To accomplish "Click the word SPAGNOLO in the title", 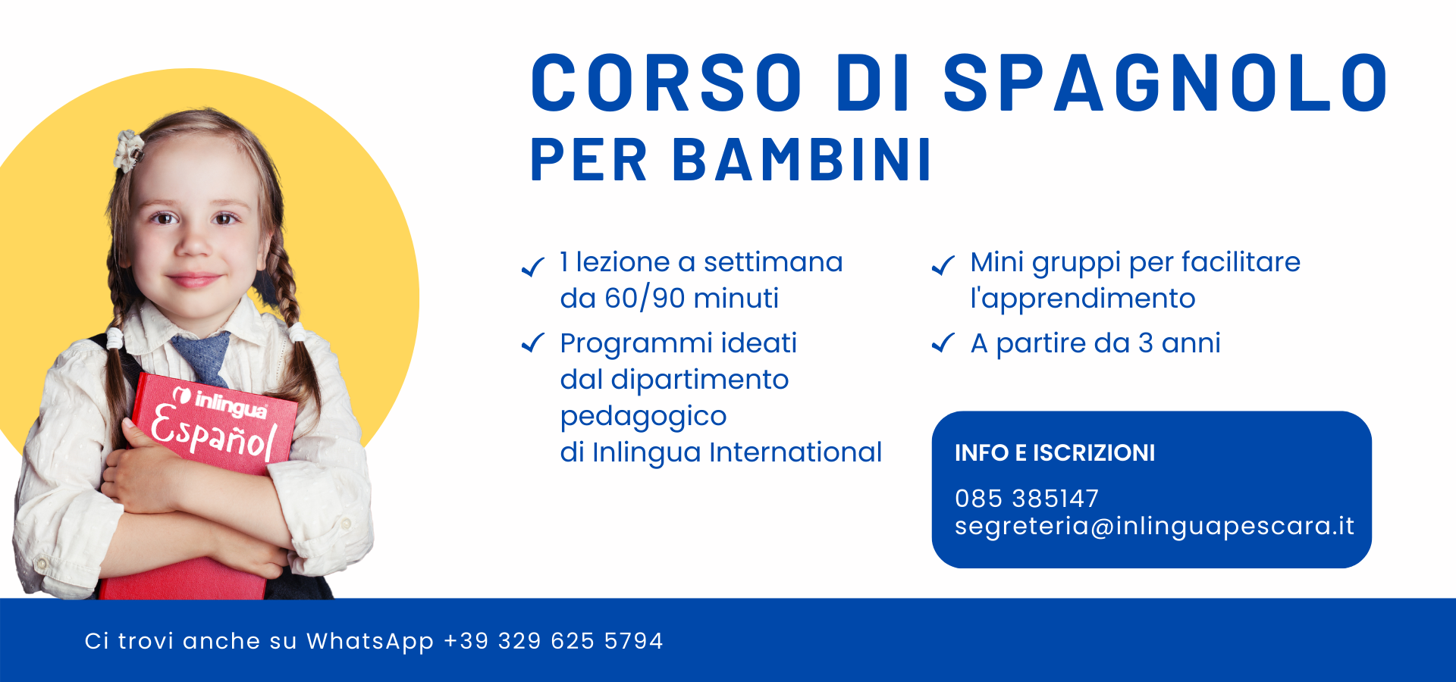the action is tap(1166, 83).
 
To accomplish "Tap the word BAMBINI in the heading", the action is tap(802, 161).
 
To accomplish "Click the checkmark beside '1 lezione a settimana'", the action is tap(533, 266).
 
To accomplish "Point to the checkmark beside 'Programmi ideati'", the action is tap(533, 343).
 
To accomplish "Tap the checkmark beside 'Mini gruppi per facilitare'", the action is tap(943, 265).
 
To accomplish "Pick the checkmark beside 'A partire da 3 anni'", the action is tap(943, 343).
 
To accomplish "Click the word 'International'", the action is tap(795, 452).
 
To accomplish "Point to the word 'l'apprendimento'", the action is tap(1083, 299).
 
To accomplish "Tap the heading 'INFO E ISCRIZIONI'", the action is tap(1055, 453).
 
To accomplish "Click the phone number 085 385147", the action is tap(1027, 499).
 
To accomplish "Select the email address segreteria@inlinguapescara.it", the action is tap(1154, 526).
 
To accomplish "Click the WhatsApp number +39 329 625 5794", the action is tap(553, 641).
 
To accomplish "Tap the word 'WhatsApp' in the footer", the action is tap(370, 642).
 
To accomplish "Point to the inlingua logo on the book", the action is tap(220, 402).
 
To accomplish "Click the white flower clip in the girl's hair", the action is tap(129, 149).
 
